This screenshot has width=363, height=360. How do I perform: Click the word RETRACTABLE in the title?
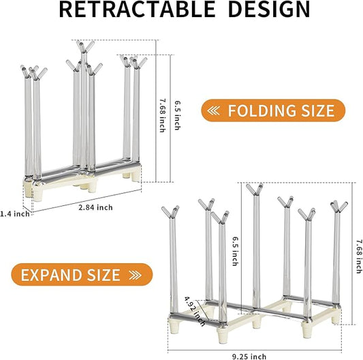tap(137, 10)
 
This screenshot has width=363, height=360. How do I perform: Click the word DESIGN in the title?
tap(269, 10)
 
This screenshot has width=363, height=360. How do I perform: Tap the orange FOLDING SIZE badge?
tap(273, 110)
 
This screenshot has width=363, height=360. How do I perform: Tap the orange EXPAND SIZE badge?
tap(82, 275)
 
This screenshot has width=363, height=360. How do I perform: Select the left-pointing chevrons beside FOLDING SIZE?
tap(213, 110)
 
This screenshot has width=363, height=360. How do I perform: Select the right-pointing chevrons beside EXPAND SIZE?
tap(136, 275)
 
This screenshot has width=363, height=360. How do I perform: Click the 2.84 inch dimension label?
tap(95, 207)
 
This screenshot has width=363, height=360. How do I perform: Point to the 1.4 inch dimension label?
tap(15, 213)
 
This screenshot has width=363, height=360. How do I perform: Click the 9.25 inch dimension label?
tap(249, 357)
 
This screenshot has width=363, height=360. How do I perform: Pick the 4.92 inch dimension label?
tap(195, 312)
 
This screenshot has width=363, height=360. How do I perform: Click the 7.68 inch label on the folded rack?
tap(163, 115)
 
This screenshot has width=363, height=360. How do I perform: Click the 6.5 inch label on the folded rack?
tap(177, 115)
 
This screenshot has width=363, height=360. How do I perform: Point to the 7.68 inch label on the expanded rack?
tap(359, 256)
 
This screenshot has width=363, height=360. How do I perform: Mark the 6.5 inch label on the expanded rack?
tap(235, 251)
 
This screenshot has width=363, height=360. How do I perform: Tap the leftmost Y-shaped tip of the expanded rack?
tap(171, 212)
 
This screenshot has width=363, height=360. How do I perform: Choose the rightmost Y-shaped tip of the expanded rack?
tap(338, 207)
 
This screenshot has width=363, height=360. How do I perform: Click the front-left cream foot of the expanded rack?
tap(174, 326)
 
